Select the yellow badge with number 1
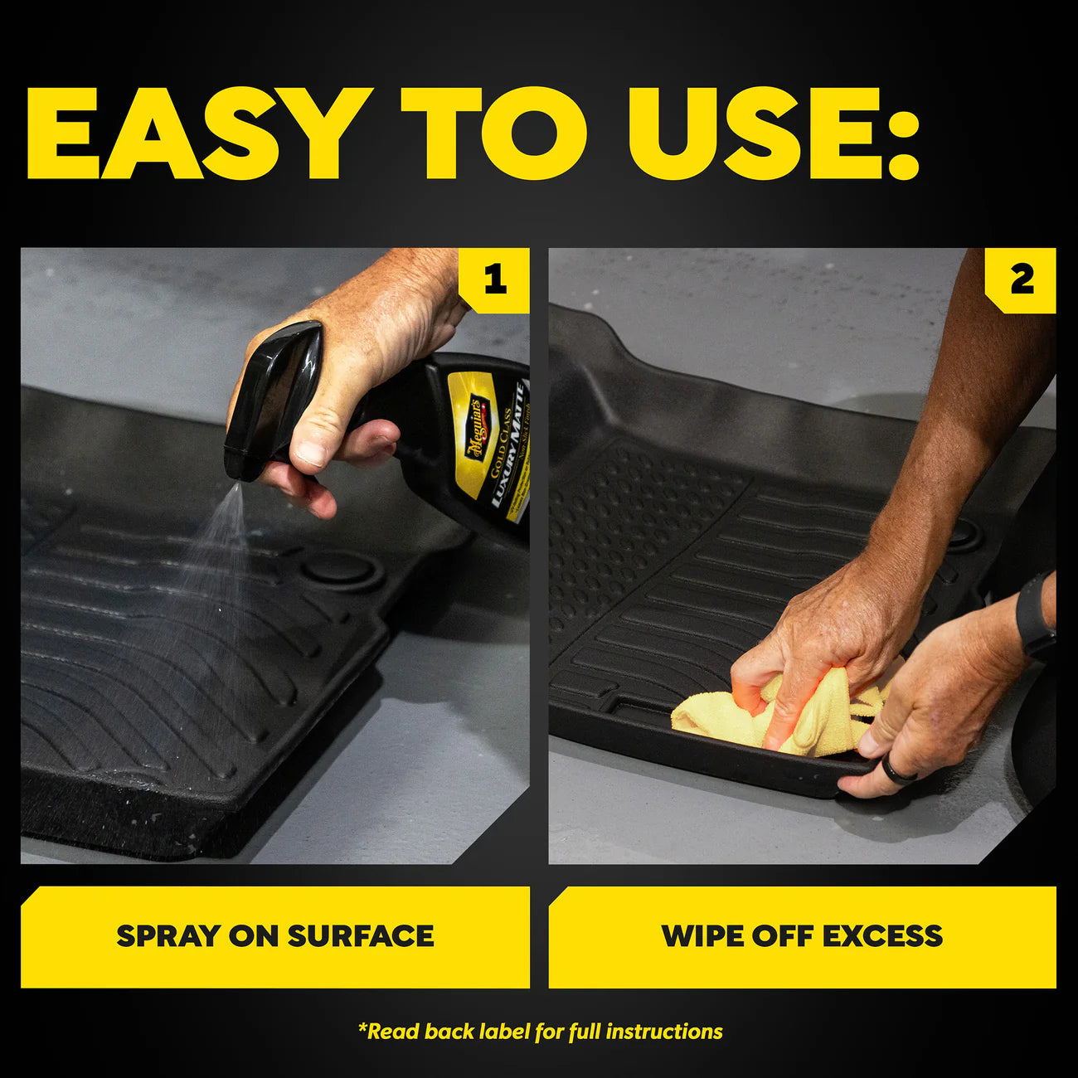495,279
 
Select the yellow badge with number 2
1022,279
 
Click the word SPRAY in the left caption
168,936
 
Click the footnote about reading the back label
540,1032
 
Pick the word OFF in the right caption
782,936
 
